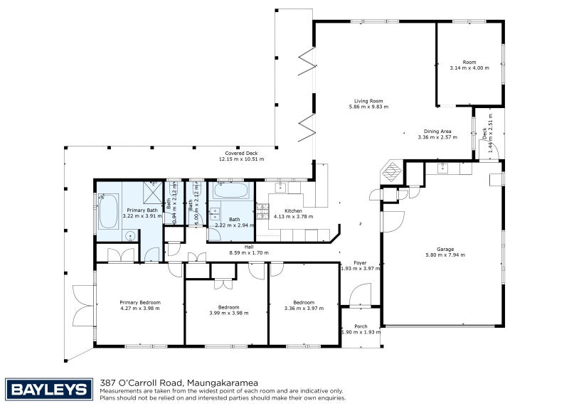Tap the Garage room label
445,249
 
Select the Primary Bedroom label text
140,302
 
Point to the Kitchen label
294,211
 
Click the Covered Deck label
241,153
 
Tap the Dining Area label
437,131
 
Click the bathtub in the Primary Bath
108,211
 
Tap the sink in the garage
443,168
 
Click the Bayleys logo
50,388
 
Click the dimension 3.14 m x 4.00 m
470,68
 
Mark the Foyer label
361,262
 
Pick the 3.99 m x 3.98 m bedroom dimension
228,314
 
